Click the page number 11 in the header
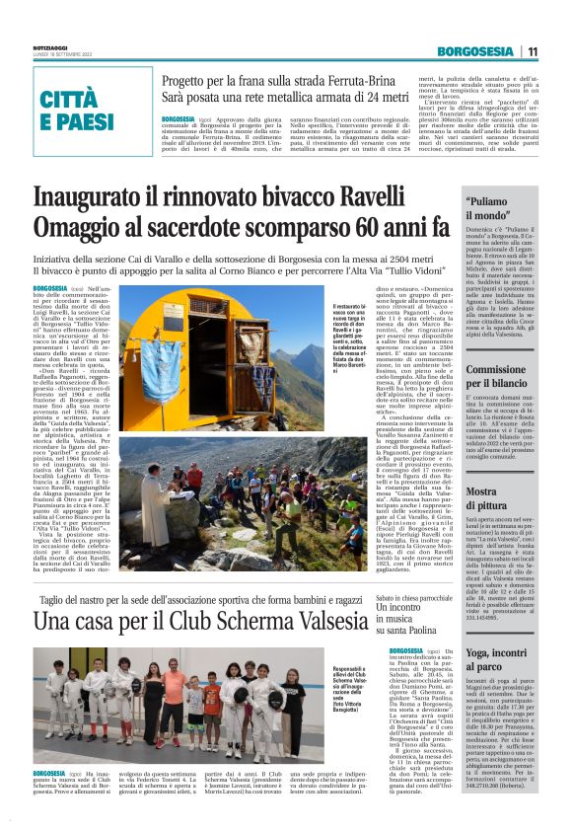(x=533, y=51)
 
